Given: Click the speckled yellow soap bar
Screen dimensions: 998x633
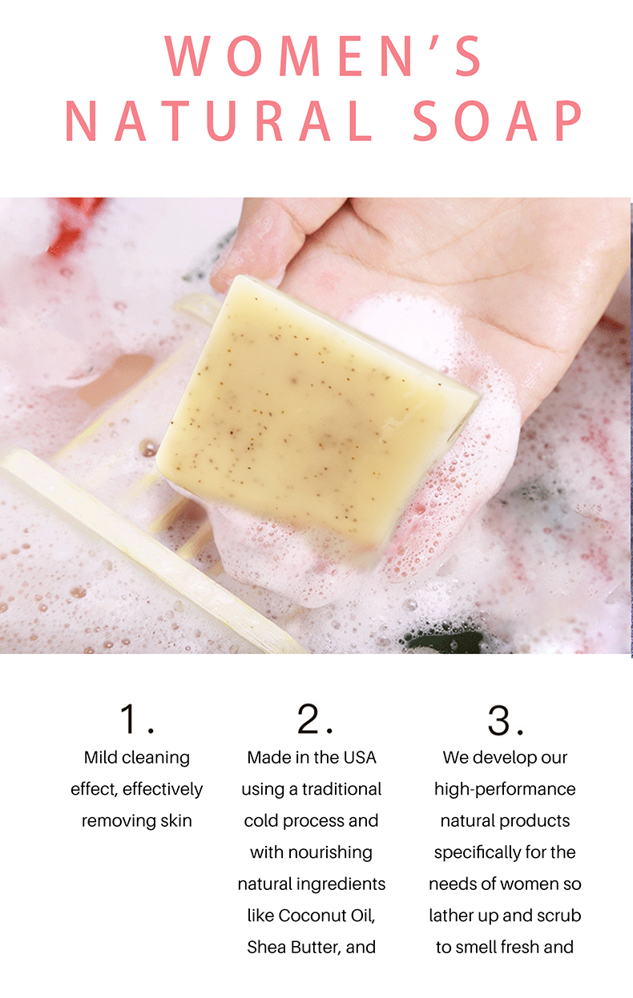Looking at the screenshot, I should coord(312,408).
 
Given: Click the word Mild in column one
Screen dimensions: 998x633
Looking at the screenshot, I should coord(102,757).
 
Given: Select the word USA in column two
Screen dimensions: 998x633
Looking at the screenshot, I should coord(359,757).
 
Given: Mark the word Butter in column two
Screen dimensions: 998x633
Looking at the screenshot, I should coord(318,947).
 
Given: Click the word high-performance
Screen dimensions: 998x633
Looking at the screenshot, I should coord(505,789).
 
